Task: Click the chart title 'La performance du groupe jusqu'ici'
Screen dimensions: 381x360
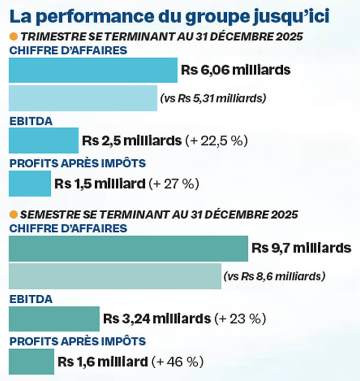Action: point(169,16)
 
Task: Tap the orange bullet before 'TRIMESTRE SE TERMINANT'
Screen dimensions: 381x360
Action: point(14,37)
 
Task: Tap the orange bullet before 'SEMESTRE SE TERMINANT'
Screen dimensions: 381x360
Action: point(14,215)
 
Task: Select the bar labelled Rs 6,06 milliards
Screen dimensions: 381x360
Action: point(93,70)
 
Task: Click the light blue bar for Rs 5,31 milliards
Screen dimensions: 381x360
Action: point(83,98)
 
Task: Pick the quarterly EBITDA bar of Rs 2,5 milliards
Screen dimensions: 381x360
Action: point(43,141)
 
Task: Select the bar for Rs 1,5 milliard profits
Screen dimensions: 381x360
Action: point(30,184)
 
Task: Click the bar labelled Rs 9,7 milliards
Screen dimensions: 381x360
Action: point(128,248)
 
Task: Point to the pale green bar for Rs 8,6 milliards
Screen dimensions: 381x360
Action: point(115,276)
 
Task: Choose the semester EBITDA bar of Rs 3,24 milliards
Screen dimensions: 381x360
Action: point(54,319)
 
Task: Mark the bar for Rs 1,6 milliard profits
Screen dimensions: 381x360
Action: point(31,362)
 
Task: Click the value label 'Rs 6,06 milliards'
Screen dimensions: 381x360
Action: point(236,70)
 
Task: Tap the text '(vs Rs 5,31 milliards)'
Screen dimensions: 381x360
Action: point(213,98)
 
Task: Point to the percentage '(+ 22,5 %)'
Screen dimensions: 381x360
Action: point(216,141)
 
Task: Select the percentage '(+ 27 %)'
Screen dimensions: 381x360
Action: point(174,184)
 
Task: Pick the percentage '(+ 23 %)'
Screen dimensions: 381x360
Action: point(239,320)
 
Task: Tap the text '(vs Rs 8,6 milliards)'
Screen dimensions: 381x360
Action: point(274,276)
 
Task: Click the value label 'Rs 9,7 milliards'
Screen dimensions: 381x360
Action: point(301,248)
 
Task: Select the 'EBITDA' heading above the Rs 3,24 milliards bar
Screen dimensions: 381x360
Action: point(31,299)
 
